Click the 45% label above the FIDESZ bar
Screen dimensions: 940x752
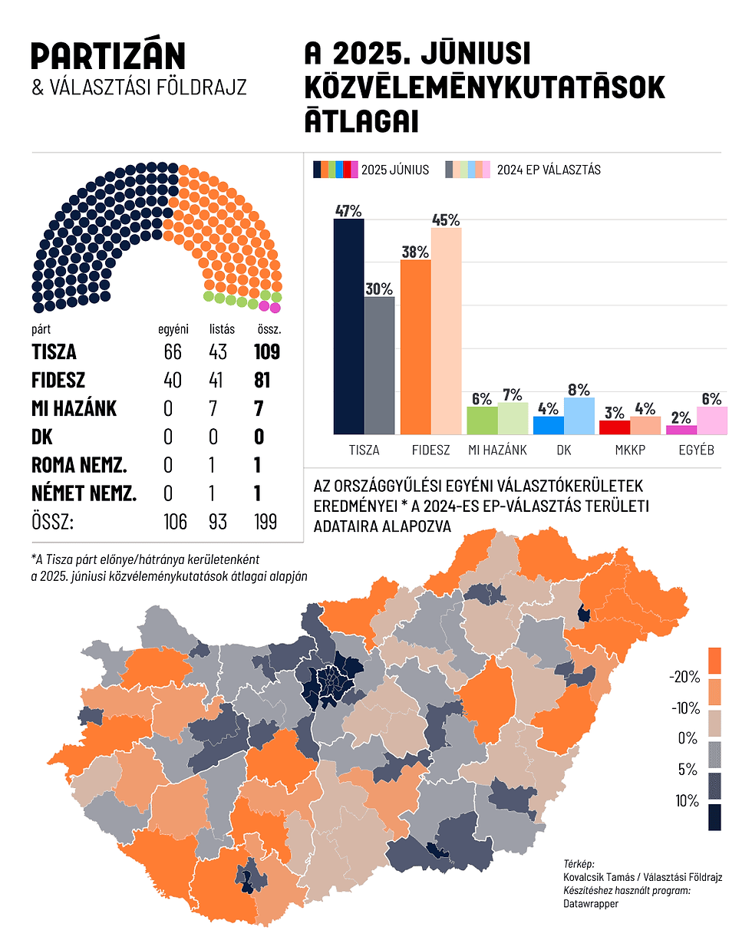click(446, 219)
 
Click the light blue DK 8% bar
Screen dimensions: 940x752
click(579, 416)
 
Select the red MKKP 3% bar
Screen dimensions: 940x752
click(614, 427)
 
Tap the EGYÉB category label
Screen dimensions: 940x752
click(696, 450)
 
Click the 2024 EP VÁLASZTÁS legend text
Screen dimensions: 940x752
click(549, 170)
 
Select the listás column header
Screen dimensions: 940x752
click(223, 329)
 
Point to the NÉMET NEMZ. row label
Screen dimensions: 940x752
click(84, 493)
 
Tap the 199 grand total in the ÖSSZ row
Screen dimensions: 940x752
click(266, 522)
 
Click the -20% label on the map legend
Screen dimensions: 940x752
click(684, 678)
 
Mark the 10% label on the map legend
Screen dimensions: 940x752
click(688, 801)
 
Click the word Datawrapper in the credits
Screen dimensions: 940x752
click(591, 904)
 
